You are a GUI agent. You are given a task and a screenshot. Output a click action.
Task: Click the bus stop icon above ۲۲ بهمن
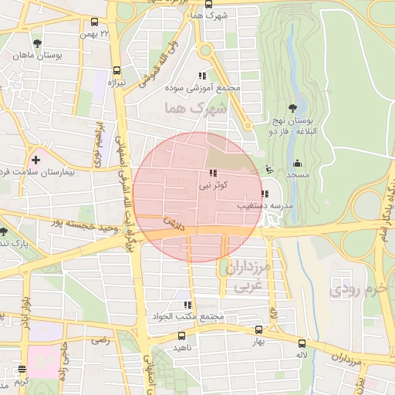(94, 22)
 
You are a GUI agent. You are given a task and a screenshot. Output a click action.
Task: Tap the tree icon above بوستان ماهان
(38, 42)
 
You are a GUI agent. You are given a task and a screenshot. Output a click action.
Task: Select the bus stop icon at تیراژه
(116, 69)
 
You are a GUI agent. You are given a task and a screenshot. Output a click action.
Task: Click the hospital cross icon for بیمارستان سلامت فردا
(35, 160)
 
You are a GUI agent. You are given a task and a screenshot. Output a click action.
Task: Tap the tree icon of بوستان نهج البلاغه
(292, 108)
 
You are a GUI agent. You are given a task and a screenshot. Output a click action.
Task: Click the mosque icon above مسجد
(297, 163)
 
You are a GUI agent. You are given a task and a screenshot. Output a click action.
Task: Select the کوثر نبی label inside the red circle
(213, 185)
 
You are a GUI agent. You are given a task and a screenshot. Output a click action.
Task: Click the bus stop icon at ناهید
(182, 336)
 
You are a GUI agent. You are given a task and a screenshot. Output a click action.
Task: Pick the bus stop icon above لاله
(302, 343)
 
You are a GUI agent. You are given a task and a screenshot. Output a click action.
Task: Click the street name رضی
(99, 339)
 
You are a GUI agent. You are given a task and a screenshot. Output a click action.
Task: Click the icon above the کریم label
(21, 370)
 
